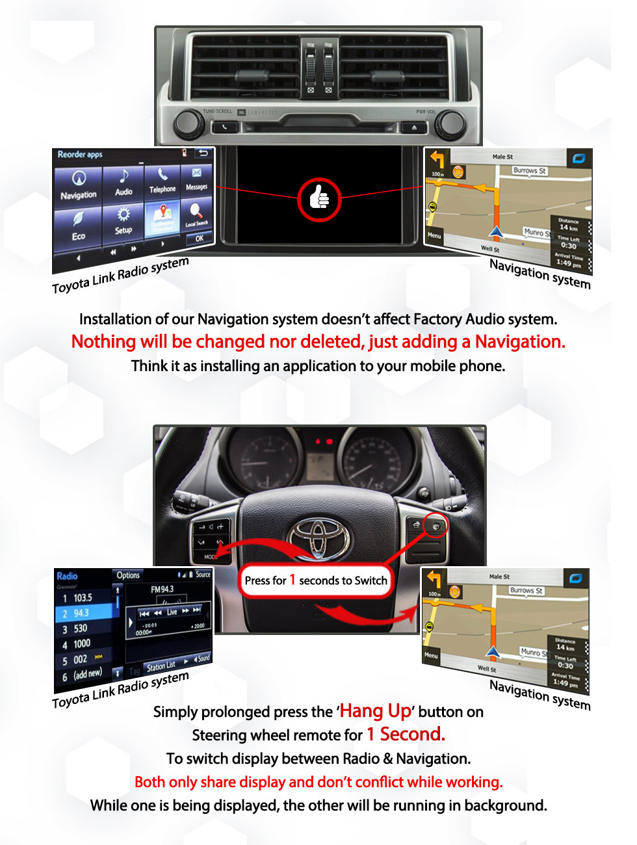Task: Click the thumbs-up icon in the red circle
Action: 319,197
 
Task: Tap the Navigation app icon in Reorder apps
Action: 79,185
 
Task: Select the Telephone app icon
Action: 162,180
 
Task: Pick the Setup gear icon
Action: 123,220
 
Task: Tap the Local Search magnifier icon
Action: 196,214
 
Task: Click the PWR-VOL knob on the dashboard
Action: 449,124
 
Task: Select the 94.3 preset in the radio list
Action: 81,613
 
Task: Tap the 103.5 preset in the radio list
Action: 83,597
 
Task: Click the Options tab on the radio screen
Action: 128,575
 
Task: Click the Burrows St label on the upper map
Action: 529,171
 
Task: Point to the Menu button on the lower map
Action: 431,655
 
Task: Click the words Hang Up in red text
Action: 375,710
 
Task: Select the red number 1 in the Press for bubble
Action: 292,579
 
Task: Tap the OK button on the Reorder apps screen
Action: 200,238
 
